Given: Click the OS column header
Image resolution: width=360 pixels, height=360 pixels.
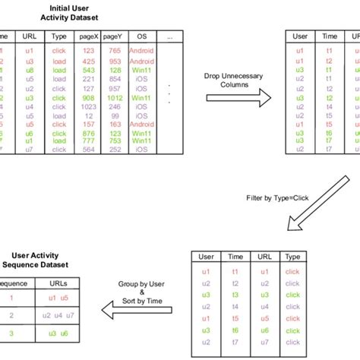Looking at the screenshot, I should coord(141,36).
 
